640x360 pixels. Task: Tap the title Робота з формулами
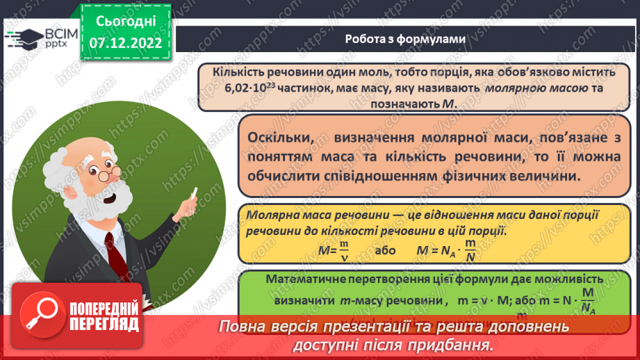404,39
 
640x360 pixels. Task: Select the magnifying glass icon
45,315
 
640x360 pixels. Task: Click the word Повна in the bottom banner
241,326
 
